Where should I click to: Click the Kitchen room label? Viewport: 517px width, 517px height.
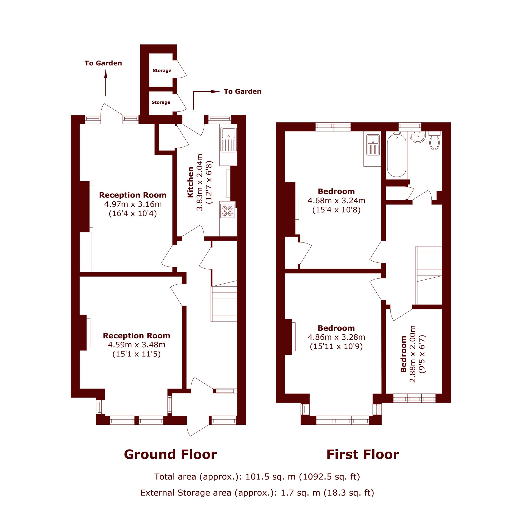pos(190,182)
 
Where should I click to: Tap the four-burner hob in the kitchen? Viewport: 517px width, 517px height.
pos(227,211)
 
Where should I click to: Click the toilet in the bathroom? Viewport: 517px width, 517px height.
pos(435,140)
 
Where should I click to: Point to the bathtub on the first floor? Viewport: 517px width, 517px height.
pos(397,155)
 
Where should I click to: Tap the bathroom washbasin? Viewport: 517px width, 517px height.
pos(417,136)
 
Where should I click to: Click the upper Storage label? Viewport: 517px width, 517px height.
pos(162,70)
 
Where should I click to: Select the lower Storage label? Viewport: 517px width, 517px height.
pos(161,102)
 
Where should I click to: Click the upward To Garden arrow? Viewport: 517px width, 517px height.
pos(106,83)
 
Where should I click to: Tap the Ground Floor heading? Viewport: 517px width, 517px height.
pos(170,454)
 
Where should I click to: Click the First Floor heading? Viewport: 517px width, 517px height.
pos(363,454)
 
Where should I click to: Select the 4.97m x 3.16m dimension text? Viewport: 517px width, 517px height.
pos(133,204)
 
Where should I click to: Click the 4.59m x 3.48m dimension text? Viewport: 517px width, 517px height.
pos(136,345)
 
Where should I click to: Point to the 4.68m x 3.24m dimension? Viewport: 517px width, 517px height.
pos(336,200)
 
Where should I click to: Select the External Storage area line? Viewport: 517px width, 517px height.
pos(257,493)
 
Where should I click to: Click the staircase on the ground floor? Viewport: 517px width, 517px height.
pos(224,301)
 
